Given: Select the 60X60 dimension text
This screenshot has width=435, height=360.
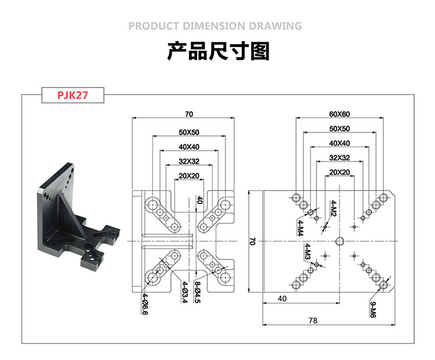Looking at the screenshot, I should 339,114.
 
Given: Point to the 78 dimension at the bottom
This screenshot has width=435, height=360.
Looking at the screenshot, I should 329,320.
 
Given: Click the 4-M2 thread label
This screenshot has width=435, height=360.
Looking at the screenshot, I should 333,208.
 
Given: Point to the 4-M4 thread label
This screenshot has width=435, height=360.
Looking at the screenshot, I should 300,228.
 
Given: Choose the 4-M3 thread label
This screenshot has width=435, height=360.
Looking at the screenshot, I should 307,252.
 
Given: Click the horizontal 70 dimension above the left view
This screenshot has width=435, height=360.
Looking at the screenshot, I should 188,114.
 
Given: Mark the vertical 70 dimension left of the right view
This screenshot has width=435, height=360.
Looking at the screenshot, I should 252,240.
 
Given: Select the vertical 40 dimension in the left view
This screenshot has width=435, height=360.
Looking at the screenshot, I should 200,200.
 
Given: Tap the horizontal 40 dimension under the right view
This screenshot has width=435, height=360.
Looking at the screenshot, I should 282,299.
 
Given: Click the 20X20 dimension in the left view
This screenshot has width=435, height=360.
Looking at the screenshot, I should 188,176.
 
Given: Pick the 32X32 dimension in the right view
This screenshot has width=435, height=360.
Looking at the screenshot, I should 339,158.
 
